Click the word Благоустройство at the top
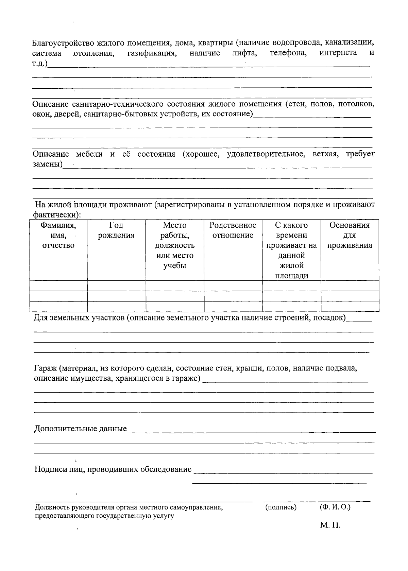pos(64,43)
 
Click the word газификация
pos(152,53)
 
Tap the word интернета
pos(338,53)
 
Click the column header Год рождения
pos(116,230)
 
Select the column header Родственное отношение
pos(233,230)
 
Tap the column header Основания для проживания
pos(350,235)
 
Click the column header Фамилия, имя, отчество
pos(58,235)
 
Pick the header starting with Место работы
pos(175,245)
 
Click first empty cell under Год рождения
pos(116,286)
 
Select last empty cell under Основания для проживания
pos(350,307)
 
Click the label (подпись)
pos(280,507)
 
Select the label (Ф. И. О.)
pos(335,507)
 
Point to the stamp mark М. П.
pos(330,525)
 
